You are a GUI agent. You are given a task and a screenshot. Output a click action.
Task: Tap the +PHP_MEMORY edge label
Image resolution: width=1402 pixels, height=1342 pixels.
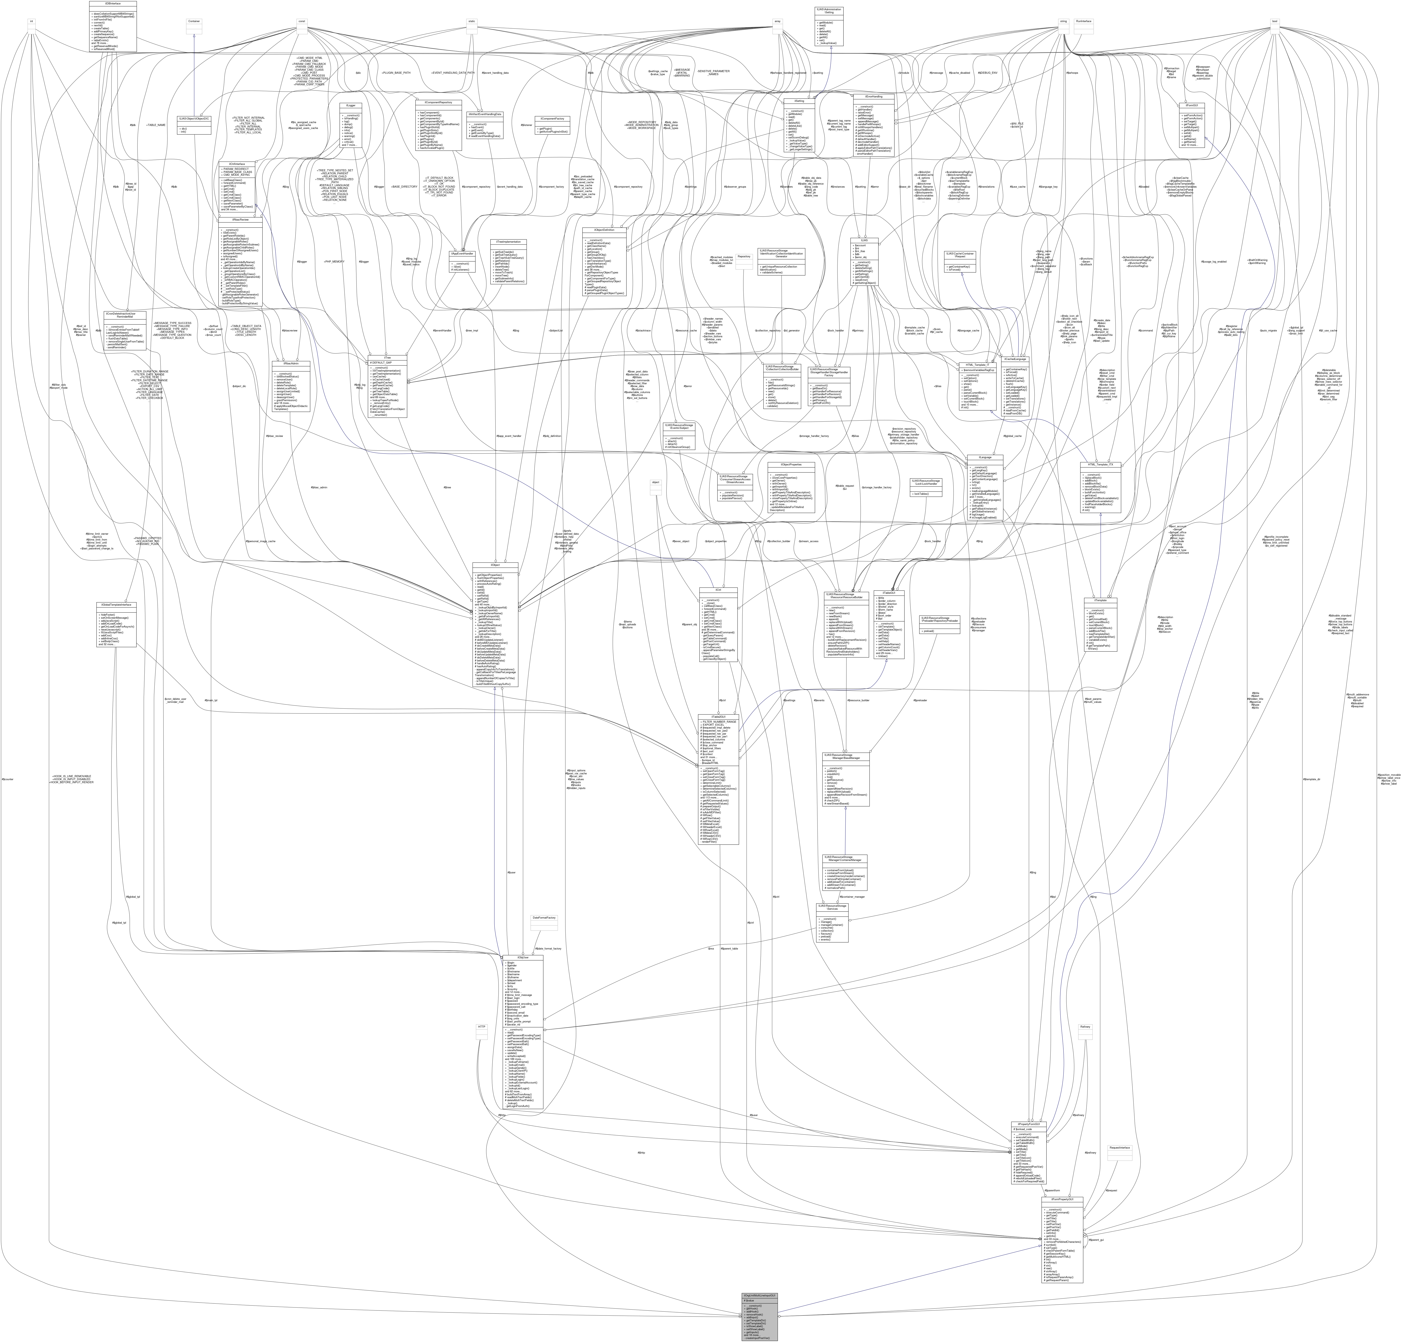pyautogui.click(x=334, y=261)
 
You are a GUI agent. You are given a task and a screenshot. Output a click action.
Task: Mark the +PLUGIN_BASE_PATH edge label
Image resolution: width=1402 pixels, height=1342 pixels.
pyautogui.click(x=395, y=72)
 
